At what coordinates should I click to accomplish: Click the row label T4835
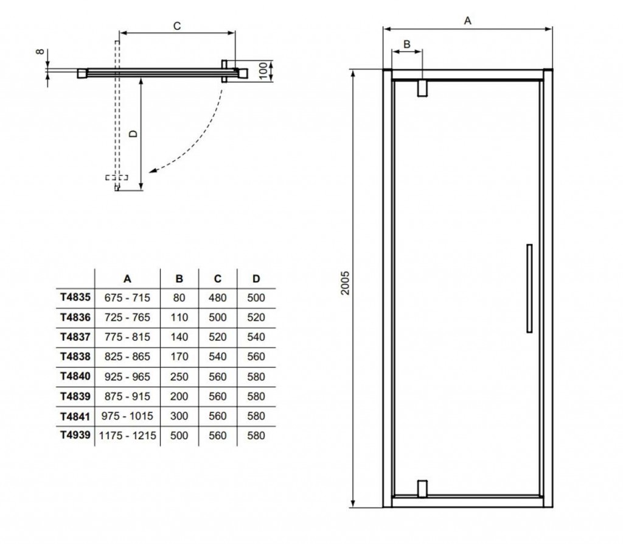click(x=75, y=298)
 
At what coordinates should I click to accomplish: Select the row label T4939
click(x=75, y=436)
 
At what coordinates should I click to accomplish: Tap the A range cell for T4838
click(x=127, y=356)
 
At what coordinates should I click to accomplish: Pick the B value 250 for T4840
click(x=179, y=376)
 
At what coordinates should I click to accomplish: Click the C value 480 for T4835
click(x=217, y=298)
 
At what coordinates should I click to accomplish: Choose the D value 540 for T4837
click(x=256, y=337)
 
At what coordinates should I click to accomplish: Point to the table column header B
click(x=179, y=279)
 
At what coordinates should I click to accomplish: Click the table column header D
click(x=256, y=279)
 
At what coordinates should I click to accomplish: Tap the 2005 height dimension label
click(x=346, y=283)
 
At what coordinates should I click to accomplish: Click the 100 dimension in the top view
click(x=263, y=69)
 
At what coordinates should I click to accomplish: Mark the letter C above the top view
click(x=176, y=26)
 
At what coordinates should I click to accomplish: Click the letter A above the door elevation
click(x=467, y=20)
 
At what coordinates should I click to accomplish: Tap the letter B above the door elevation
click(x=407, y=44)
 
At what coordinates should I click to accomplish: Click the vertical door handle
click(x=529, y=289)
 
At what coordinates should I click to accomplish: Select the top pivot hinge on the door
click(x=422, y=88)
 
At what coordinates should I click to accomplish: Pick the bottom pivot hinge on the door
click(x=422, y=488)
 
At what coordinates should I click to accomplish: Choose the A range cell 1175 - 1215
click(x=127, y=436)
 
